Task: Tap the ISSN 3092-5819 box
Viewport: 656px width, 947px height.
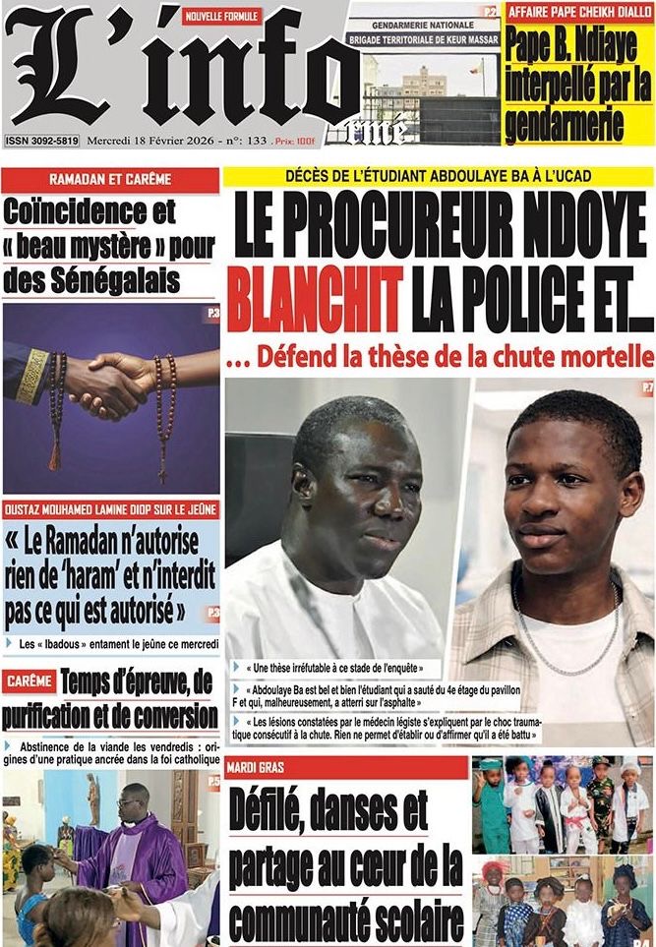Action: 41,141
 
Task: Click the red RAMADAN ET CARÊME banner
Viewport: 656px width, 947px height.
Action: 110,179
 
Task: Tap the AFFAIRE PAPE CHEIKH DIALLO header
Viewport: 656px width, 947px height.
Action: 578,12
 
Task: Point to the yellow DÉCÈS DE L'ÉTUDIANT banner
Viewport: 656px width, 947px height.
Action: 438,177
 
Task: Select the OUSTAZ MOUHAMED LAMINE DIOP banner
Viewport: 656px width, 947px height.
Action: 110,509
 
